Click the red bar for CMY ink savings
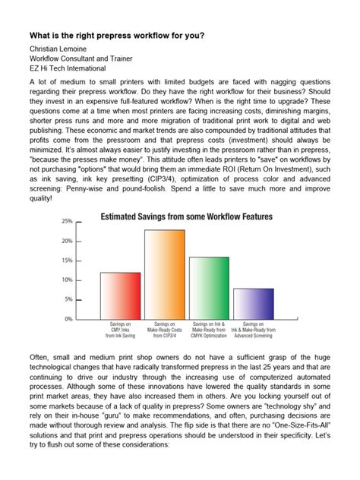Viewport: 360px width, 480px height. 120,295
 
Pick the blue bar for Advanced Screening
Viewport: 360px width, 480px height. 253,304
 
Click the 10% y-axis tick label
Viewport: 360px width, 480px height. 67,280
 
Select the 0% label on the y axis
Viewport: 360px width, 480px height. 68,319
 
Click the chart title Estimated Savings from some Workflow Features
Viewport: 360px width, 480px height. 187,216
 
